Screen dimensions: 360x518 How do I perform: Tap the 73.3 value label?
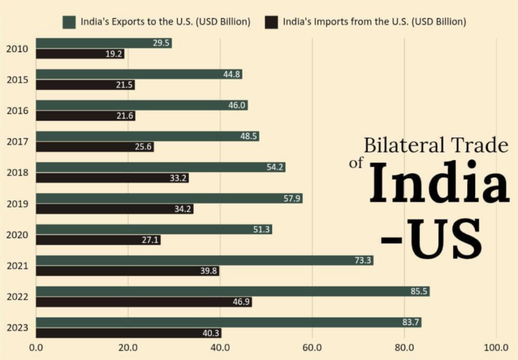click(363, 260)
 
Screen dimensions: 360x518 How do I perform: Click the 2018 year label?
click(17, 173)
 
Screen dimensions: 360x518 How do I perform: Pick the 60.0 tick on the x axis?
click(312, 348)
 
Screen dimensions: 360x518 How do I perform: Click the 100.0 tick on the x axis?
click(496, 348)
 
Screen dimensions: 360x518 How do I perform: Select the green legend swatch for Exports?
click(69, 22)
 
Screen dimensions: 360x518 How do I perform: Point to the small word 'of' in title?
click(357, 164)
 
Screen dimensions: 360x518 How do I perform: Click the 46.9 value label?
click(241, 302)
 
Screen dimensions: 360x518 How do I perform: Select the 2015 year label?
click(17, 80)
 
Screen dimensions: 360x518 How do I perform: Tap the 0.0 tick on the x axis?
click(36, 348)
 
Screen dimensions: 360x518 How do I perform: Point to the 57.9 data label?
click(292, 198)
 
